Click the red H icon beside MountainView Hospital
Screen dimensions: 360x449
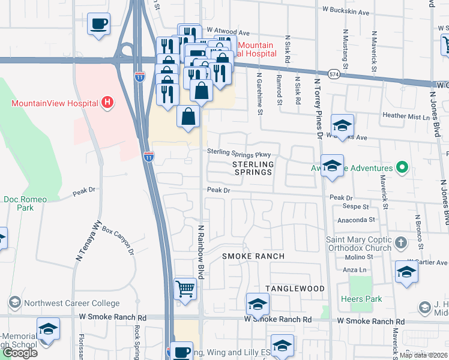click(x=107, y=103)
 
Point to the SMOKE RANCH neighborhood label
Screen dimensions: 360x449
click(x=253, y=256)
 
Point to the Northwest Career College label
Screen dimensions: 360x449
click(x=70, y=303)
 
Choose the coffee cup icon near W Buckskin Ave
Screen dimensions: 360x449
click(x=98, y=25)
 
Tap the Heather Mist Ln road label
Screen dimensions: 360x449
click(x=406, y=115)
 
